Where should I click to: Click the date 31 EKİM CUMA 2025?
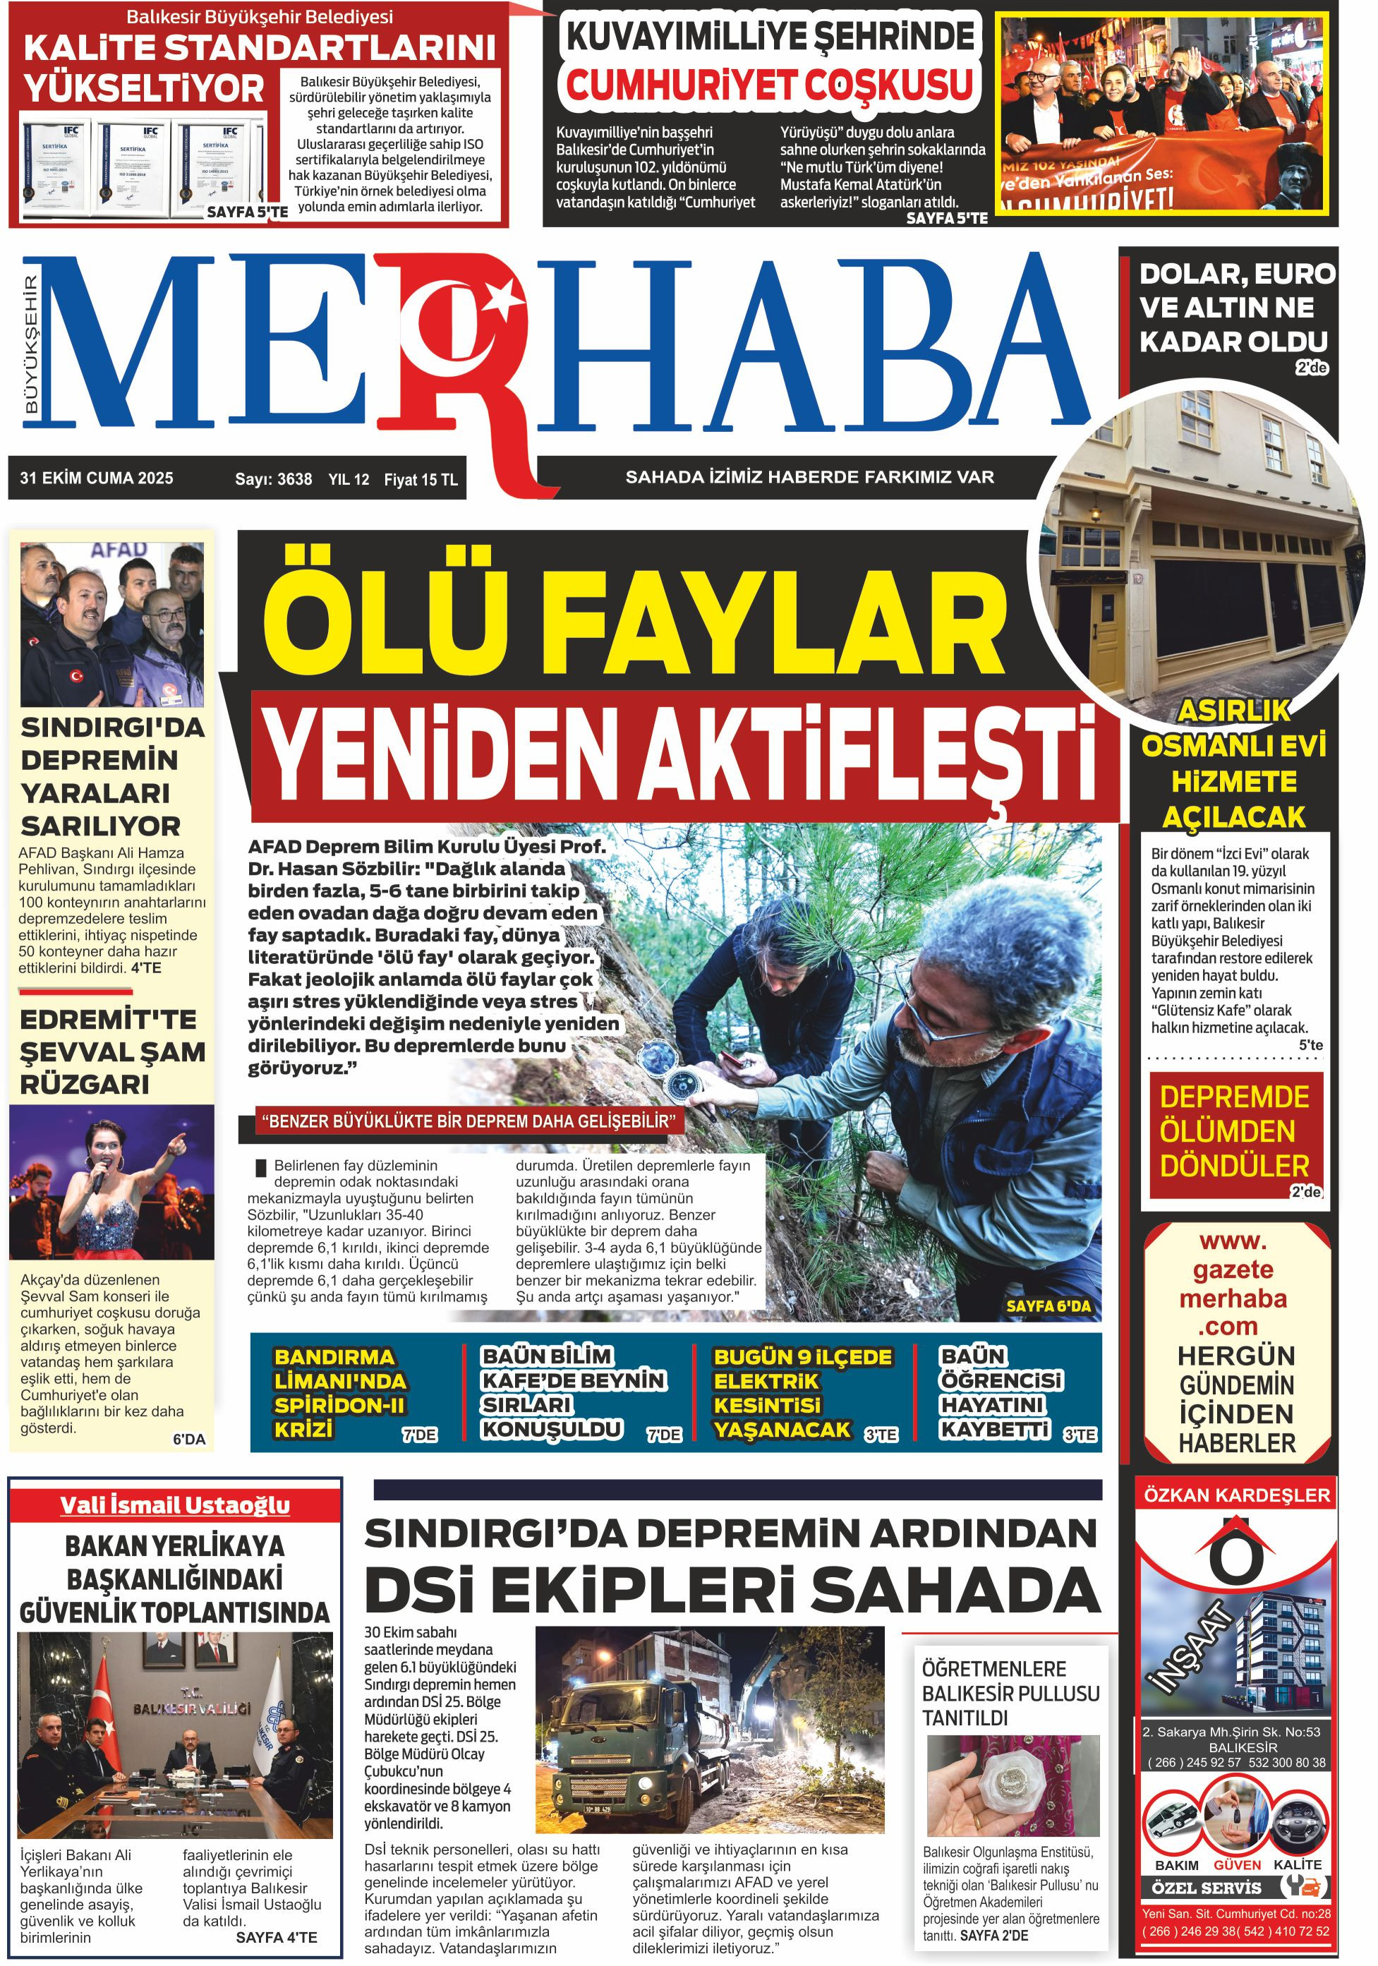pos(96,478)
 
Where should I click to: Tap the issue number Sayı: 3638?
pos(273,480)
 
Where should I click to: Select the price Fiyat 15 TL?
pos(421,480)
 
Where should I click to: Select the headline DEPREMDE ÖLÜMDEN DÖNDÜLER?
pos(1233,1130)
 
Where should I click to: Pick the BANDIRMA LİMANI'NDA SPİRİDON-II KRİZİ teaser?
pos(340,1392)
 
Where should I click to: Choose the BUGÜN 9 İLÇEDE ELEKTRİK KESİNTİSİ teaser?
pos(802,1392)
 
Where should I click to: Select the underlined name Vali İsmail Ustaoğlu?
pos(174,1504)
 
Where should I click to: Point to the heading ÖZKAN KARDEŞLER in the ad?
pos(1237,1496)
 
